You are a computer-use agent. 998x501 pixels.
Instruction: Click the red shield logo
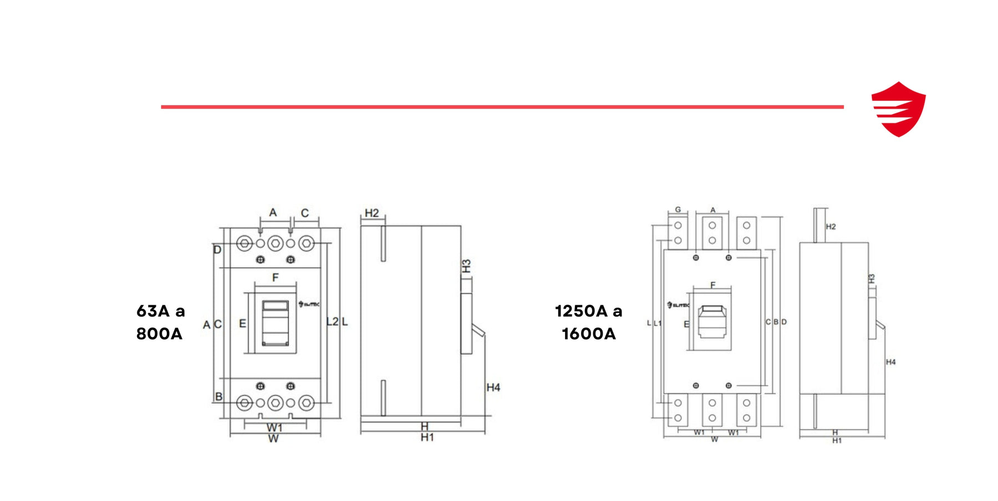[x=898, y=109]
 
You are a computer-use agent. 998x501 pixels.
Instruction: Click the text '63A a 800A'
[x=160, y=322]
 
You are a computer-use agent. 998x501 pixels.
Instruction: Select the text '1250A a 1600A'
[x=588, y=322]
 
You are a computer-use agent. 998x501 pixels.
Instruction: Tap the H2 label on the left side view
[x=371, y=213]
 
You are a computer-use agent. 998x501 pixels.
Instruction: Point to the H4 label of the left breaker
[x=493, y=387]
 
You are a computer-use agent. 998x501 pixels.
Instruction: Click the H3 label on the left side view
[x=466, y=266]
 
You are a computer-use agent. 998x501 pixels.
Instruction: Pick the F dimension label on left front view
[x=275, y=277]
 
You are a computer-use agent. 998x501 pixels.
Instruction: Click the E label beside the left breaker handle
[x=242, y=324]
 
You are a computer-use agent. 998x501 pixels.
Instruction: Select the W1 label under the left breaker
[x=274, y=428]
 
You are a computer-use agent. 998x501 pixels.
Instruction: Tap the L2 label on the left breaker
[x=332, y=322]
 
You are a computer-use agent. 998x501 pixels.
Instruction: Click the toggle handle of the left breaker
[x=276, y=323]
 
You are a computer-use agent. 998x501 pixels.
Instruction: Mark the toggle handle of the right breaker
[x=712, y=321]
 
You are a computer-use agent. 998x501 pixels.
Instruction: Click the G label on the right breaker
[x=678, y=210]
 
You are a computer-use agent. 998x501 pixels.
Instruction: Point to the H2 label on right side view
[x=830, y=227]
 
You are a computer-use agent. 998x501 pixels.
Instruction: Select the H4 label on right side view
[x=890, y=362]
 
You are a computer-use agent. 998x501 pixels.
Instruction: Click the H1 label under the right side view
[x=837, y=441]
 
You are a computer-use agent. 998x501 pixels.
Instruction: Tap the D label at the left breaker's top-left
[x=217, y=250]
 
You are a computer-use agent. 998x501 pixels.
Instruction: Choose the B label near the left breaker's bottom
[x=218, y=397]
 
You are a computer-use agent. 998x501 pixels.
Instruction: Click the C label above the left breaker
[x=304, y=213]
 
